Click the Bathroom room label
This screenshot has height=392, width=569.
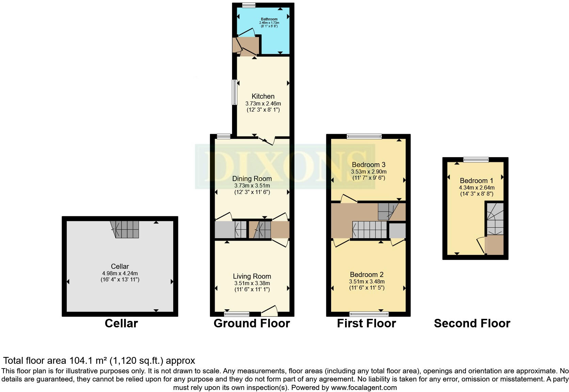[269, 19]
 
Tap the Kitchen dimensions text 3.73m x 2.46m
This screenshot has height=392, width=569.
[263, 103]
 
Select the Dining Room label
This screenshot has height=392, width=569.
[252, 179]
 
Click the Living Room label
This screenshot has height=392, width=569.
[252, 276]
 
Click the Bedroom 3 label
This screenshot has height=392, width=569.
[369, 165]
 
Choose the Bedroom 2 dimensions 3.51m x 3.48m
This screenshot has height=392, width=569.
[367, 281]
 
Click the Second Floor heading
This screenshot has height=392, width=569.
[472, 323]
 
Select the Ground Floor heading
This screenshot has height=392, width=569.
[251, 323]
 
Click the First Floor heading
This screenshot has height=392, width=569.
[366, 323]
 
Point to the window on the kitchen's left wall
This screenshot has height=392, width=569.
[234, 92]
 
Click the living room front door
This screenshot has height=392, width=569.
[270, 310]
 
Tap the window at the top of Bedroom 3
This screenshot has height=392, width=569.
[364, 136]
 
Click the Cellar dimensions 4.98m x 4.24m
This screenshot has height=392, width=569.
[120, 273]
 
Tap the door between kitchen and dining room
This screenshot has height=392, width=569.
[267, 141]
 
